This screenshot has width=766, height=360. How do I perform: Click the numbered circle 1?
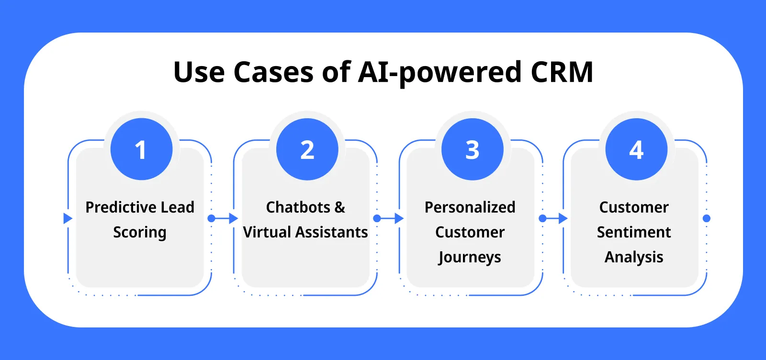[141, 149]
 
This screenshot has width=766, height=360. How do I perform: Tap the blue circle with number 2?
[307, 149]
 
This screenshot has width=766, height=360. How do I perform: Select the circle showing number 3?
[472, 149]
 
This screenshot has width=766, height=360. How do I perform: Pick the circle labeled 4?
[636, 149]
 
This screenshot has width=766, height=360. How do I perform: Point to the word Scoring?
[140, 233]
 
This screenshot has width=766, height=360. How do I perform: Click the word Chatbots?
[298, 207]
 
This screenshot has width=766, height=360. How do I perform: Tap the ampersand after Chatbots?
[339, 207]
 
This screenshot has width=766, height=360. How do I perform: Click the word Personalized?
[470, 207]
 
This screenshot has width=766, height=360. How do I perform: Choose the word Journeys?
[470, 258]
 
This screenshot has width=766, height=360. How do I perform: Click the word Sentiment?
[633, 232]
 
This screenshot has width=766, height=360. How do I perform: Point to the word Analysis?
[633, 258]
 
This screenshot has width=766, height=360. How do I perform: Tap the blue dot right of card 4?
[706, 218]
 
